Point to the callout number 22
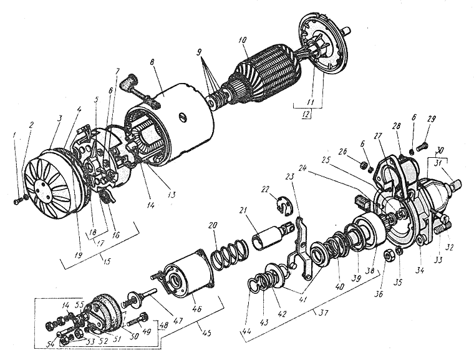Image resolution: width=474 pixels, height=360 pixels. coord(265,188)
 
